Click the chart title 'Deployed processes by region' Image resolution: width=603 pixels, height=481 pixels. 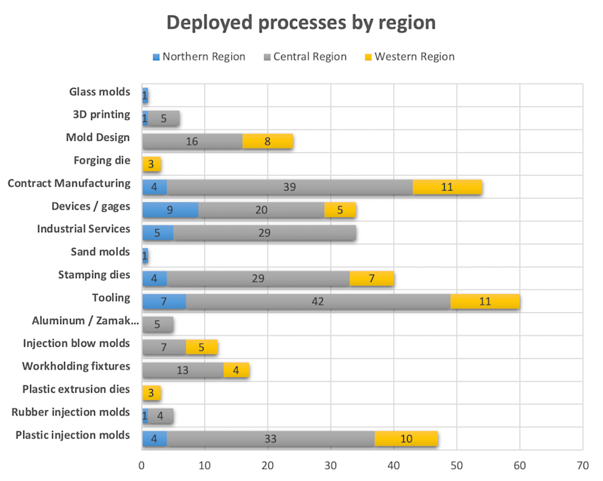point(301,23)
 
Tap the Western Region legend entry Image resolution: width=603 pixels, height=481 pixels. point(414,57)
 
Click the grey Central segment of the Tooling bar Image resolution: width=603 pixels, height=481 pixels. point(319,302)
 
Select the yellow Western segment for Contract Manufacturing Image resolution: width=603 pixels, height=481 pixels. point(447,187)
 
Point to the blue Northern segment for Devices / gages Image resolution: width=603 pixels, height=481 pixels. point(170,210)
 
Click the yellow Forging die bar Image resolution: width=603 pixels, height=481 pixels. point(152,164)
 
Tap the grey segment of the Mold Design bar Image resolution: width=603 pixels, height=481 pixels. point(192,141)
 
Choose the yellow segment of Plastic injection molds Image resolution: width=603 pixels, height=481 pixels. point(406,438)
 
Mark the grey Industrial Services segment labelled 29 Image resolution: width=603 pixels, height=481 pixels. point(265,233)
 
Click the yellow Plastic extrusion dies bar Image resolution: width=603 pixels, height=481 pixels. point(152,393)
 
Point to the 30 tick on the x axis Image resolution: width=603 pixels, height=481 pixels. point(330,465)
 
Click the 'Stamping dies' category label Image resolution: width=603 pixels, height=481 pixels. point(94,274)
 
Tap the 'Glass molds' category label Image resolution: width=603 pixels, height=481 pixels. point(99,93)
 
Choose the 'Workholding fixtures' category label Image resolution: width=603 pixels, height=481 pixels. point(76,366)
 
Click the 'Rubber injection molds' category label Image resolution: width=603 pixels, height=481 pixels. point(71,412)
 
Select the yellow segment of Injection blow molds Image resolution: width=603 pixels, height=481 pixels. point(202,347)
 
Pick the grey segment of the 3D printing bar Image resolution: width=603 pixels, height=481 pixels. point(164,118)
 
